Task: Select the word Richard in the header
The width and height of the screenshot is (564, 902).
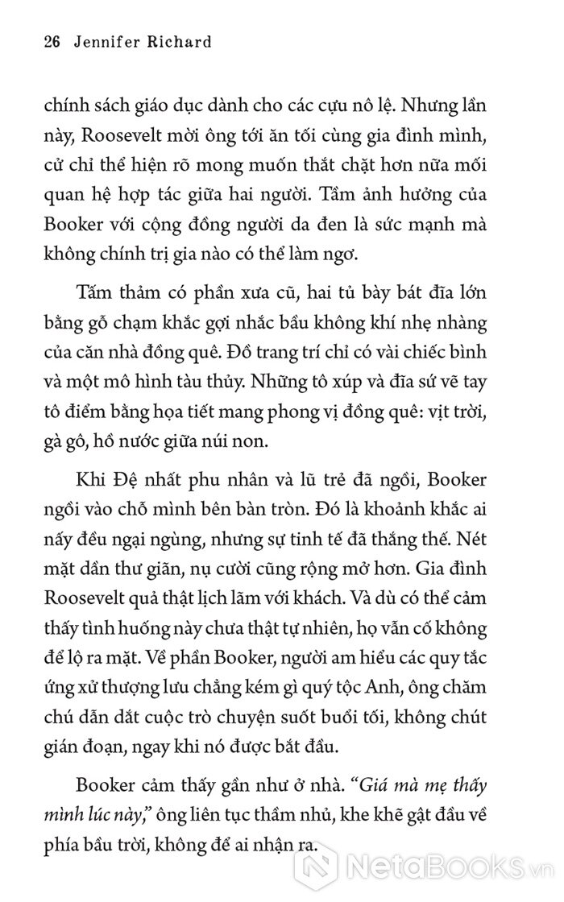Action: point(183,42)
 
